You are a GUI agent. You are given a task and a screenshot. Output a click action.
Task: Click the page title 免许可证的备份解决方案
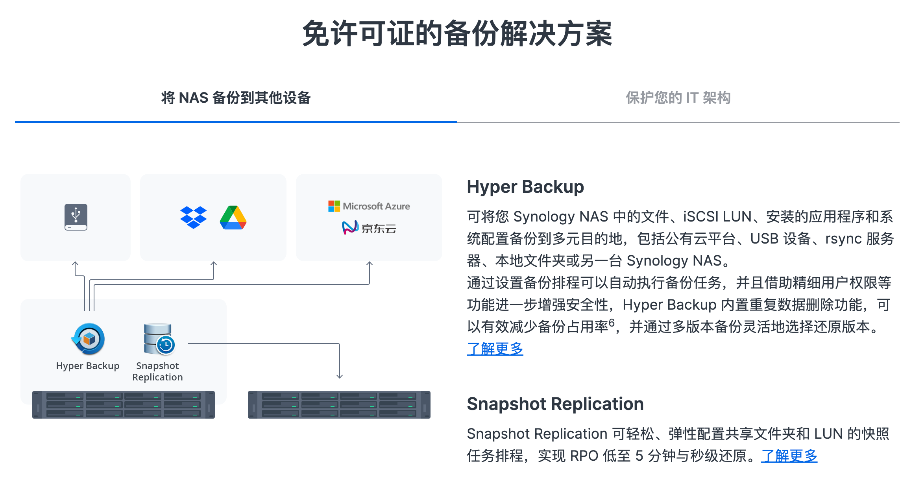(x=457, y=34)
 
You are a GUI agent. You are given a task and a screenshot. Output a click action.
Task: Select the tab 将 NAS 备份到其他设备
(x=236, y=98)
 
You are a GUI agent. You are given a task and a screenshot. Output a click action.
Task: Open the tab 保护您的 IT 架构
(x=678, y=98)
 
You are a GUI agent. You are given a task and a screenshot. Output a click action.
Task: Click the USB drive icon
(x=76, y=217)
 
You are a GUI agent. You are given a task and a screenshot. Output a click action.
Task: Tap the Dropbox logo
(x=193, y=217)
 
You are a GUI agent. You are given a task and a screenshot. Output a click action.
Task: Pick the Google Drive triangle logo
(x=233, y=218)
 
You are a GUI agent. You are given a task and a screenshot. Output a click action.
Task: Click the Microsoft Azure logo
(x=369, y=206)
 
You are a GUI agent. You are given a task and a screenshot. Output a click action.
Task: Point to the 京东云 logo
(x=369, y=228)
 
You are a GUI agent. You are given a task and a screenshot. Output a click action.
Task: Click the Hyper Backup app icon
(x=88, y=339)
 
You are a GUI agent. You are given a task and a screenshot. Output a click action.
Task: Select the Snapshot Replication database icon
(x=159, y=339)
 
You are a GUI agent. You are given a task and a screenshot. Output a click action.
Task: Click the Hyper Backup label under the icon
(x=88, y=366)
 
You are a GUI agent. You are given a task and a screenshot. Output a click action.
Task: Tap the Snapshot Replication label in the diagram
(x=157, y=371)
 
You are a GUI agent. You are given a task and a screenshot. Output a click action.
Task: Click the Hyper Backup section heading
(x=525, y=187)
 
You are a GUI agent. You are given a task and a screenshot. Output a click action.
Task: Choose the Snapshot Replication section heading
(x=555, y=404)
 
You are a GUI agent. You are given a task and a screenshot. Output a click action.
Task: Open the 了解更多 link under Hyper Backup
(x=495, y=349)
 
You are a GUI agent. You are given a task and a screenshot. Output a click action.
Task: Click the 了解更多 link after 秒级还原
(x=789, y=456)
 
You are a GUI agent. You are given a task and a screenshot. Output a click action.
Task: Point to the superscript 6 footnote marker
(x=612, y=323)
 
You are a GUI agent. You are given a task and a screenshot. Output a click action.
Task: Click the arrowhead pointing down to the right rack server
(x=340, y=376)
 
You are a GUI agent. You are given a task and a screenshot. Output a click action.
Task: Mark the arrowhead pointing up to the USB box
(x=75, y=264)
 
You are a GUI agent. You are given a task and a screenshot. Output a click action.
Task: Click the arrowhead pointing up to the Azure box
(x=370, y=264)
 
